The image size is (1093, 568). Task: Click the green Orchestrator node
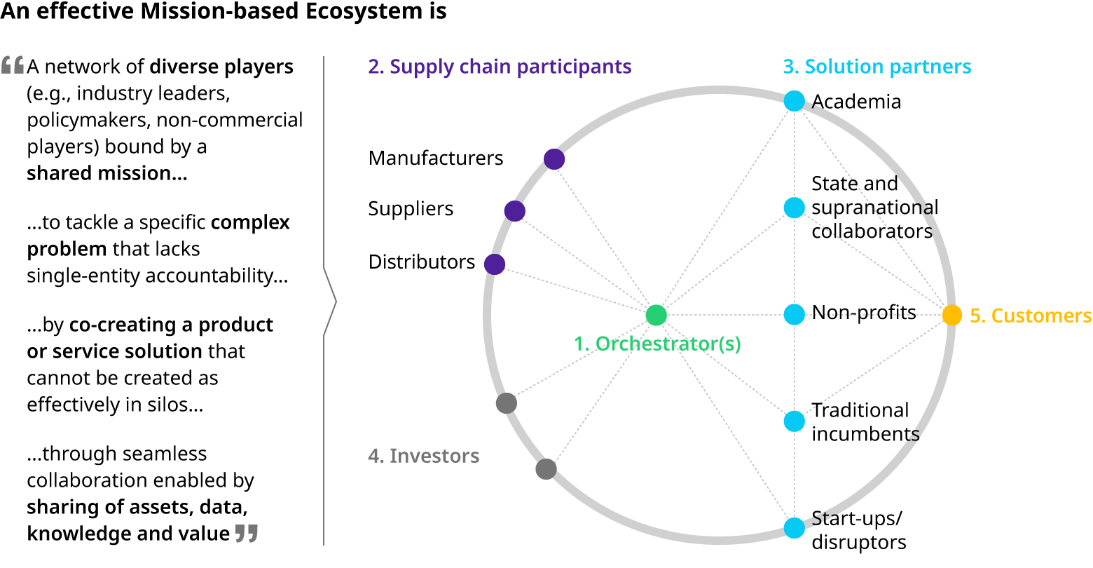click(x=656, y=315)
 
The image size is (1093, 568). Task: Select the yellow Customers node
click(x=951, y=315)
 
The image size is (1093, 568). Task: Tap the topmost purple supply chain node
click(x=554, y=159)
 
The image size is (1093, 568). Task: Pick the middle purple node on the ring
click(x=514, y=210)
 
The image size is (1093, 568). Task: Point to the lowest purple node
click(x=495, y=264)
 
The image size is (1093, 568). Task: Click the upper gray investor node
click(x=506, y=403)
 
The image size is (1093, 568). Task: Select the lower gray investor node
click(x=546, y=468)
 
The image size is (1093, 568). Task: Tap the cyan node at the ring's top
click(x=794, y=101)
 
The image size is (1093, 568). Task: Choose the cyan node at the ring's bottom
click(x=794, y=527)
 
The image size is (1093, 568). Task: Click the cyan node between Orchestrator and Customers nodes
click(x=794, y=315)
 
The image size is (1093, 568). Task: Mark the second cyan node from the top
click(x=794, y=208)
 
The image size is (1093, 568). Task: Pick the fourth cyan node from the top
click(x=794, y=421)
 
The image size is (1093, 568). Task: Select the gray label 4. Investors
click(x=423, y=456)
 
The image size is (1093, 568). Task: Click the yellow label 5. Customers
click(x=1030, y=316)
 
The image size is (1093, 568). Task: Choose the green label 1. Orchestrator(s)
click(x=657, y=344)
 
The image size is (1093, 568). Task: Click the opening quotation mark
click(x=13, y=65)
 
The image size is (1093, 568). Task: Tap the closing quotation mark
click(x=247, y=533)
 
